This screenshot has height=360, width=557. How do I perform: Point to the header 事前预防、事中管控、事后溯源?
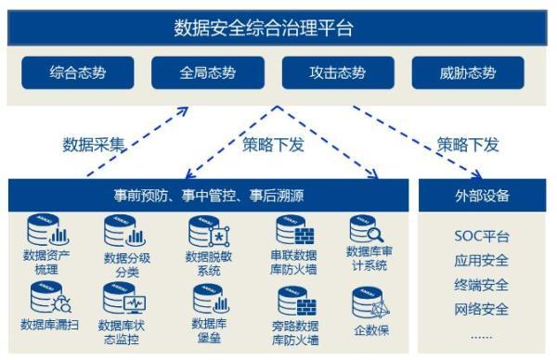coord(210,197)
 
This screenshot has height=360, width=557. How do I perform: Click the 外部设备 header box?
coord(482,197)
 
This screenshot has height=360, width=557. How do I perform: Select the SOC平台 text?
coord(481,238)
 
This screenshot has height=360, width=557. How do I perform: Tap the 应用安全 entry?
coord(481,261)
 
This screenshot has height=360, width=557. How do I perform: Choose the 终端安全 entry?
coord(481,285)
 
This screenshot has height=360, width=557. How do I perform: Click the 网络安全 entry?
coord(481,309)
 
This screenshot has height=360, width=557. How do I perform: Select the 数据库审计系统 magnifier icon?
coord(366,229)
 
